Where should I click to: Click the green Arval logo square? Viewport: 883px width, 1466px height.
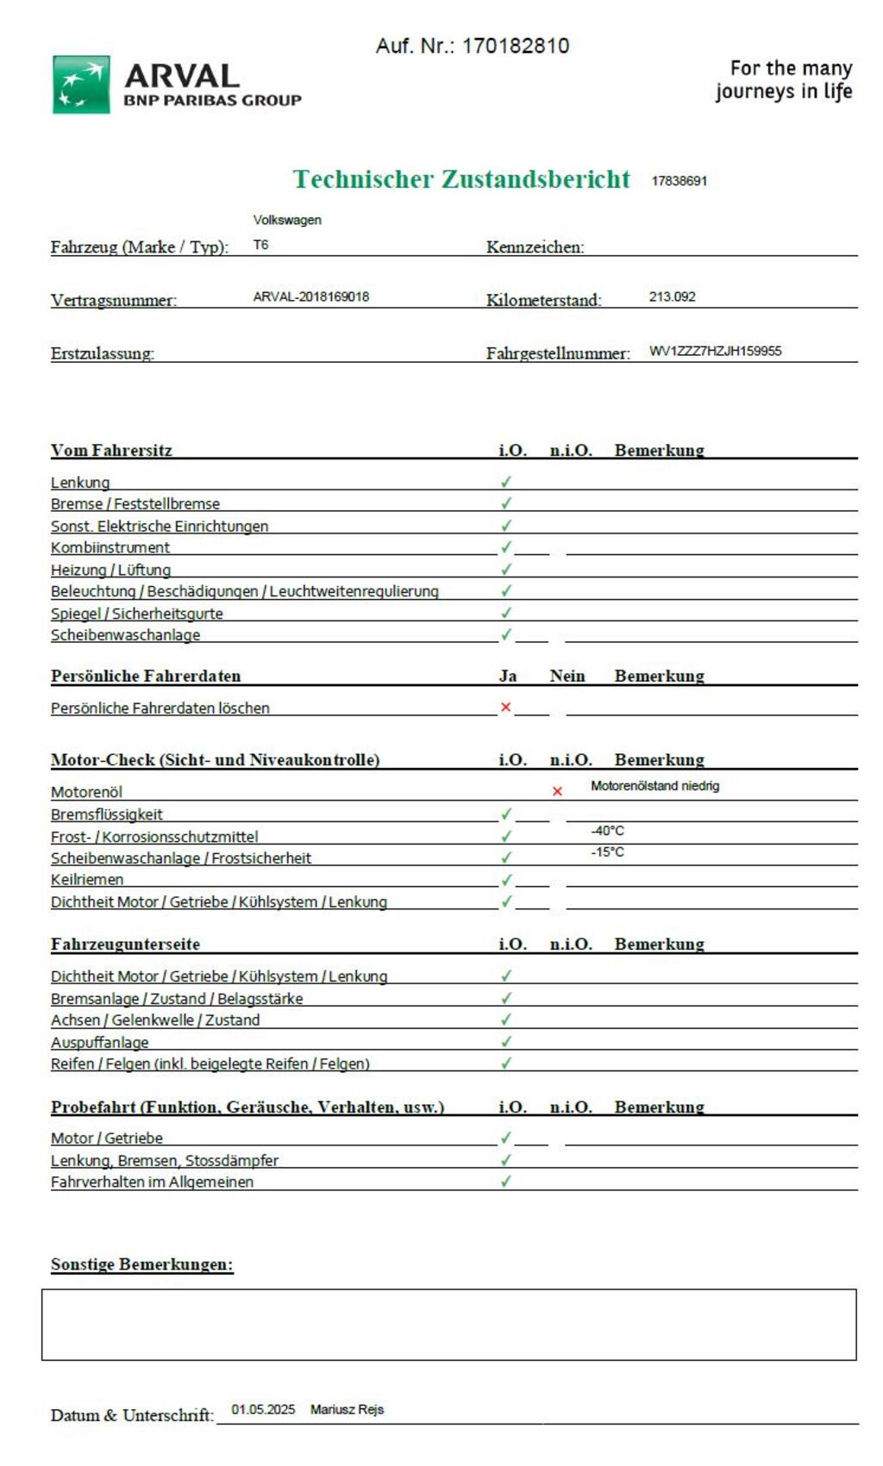(81, 84)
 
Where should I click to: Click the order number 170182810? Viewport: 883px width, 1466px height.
(515, 46)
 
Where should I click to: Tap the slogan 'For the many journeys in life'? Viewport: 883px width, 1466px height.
(783, 79)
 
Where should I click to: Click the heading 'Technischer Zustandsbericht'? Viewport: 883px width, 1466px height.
(461, 179)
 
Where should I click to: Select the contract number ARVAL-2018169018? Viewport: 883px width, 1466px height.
(310, 296)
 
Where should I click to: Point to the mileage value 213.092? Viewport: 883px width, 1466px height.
(672, 296)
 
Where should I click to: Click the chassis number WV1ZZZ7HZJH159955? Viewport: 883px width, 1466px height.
(715, 351)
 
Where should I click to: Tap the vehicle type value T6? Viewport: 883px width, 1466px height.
(260, 245)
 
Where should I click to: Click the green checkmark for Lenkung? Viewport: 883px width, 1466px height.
(506, 482)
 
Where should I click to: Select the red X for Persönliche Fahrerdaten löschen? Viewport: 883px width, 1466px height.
(506, 707)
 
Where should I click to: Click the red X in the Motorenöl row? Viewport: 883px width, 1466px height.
(557, 791)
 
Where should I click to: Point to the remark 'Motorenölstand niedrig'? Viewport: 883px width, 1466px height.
(654, 786)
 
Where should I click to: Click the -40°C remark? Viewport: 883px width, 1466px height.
(607, 831)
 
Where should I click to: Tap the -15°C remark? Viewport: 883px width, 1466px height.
(607, 852)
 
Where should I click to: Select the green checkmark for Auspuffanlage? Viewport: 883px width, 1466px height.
(506, 1041)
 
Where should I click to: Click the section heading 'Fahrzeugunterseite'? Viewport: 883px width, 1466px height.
(125, 944)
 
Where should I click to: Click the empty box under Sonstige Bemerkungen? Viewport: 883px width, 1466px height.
(448, 1325)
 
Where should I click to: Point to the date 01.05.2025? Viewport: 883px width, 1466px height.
(263, 1409)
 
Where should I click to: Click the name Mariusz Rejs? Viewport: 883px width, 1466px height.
(347, 1409)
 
